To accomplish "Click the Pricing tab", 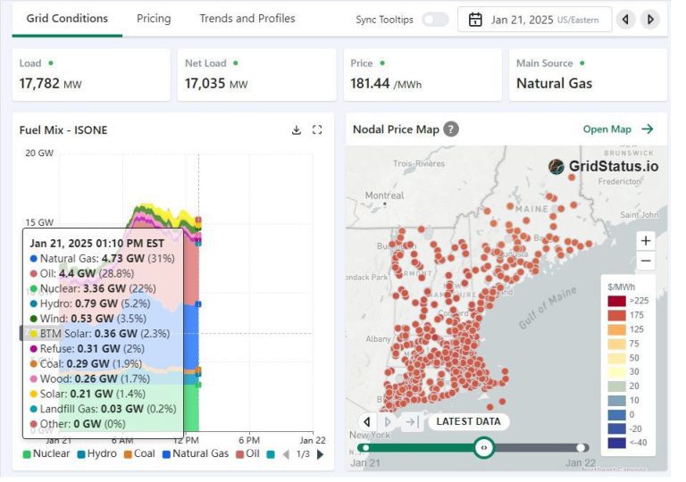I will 154,18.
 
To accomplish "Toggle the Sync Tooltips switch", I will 435,19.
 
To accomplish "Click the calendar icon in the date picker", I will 475,19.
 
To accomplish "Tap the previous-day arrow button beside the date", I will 626,19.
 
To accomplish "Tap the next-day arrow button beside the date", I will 650,19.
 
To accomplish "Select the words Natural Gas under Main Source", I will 554,84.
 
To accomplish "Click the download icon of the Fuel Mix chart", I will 297,130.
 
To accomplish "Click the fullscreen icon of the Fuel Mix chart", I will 317,130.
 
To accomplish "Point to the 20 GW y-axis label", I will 39,153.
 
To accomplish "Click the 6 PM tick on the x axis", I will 249,440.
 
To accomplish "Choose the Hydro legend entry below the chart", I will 96,453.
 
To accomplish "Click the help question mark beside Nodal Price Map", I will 451,129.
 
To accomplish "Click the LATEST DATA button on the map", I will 467,421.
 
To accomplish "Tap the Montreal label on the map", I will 384,195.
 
